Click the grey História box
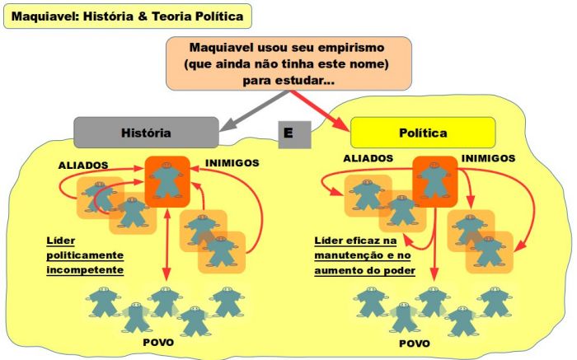[146, 133]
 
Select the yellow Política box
[423, 133]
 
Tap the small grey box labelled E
[288, 133]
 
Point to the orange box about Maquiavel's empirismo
[288, 63]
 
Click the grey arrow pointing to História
[247, 110]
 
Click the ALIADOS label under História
[83, 165]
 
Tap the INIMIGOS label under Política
[488, 157]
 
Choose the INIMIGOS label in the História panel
[232, 163]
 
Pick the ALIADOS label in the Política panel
[368, 157]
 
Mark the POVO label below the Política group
[414, 343]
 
